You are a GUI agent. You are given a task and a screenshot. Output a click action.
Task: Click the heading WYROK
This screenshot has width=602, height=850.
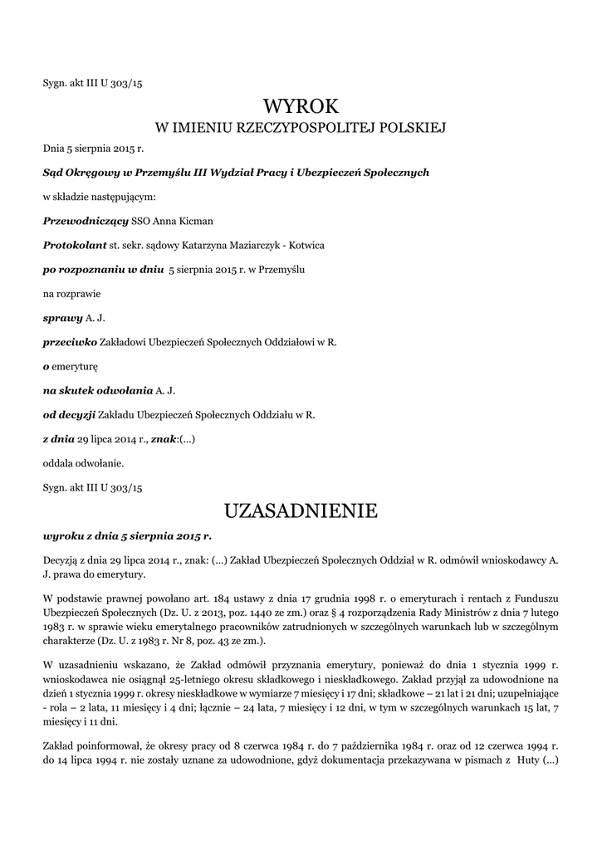[x=301, y=106]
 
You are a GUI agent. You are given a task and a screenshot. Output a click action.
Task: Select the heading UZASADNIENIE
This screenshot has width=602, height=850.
[x=301, y=510]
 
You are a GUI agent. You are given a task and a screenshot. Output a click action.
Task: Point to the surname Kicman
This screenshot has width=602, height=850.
[x=193, y=222]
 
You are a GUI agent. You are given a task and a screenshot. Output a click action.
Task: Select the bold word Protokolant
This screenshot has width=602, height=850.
[x=75, y=246]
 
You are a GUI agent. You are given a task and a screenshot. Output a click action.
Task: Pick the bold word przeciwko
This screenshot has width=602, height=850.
[x=70, y=342]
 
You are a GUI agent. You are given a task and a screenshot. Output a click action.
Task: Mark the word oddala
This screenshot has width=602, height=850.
[x=57, y=462]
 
